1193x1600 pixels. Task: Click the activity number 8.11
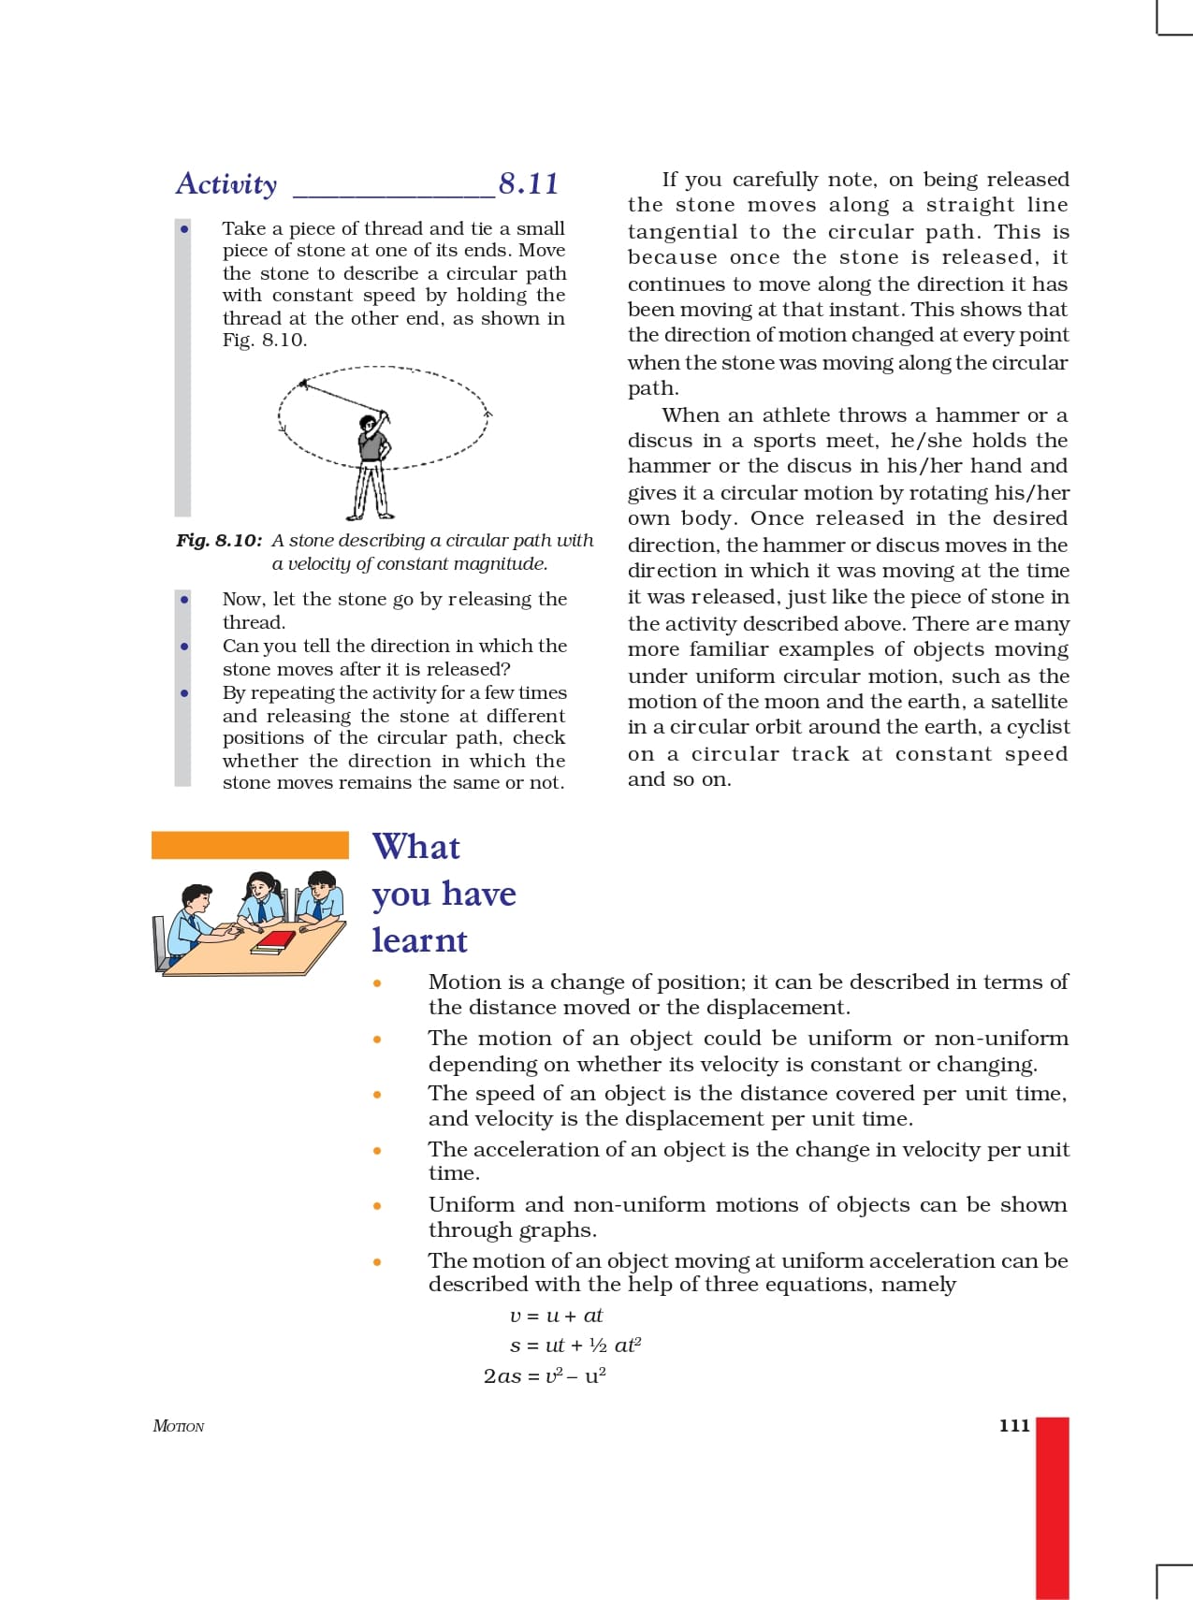(529, 183)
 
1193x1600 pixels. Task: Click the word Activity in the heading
(226, 184)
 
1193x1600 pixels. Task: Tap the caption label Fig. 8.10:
(219, 541)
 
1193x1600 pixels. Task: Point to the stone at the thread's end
(302, 383)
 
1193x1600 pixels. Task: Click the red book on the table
(276, 938)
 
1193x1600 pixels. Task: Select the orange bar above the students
(250, 845)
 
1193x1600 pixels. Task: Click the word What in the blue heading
(416, 847)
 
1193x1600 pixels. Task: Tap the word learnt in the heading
(419, 940)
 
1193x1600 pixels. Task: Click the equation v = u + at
(557, 1316)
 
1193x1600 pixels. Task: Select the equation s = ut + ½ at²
(575, 1345)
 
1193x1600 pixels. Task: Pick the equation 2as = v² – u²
(545, 1375)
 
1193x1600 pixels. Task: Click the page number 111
(1014, 1426)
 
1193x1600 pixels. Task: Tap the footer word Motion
(179, 1426)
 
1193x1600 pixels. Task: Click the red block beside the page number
(1053, 1506)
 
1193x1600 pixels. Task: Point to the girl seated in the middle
(262, 899)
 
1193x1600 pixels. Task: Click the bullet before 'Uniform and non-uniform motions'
(377, 1206)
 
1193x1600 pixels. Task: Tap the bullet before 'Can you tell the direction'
(185, 647)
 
